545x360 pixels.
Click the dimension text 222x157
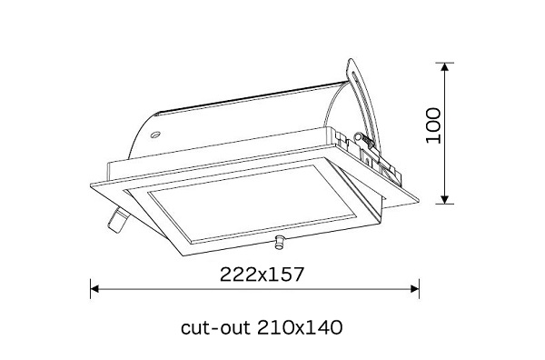pos(263,274)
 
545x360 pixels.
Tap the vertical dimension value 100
pos(433,125)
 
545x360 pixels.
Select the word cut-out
pos(215,327)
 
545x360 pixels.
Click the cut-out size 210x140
pos(300,327)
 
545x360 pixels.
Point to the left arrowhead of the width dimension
pos(94,289)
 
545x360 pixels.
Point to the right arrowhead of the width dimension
pos(415,289)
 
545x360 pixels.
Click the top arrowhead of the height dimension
pos(444,66)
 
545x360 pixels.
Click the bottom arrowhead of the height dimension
pos(444,200)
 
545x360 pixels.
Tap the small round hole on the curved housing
pos(155,135)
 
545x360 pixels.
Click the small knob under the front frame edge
pos(279,242)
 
